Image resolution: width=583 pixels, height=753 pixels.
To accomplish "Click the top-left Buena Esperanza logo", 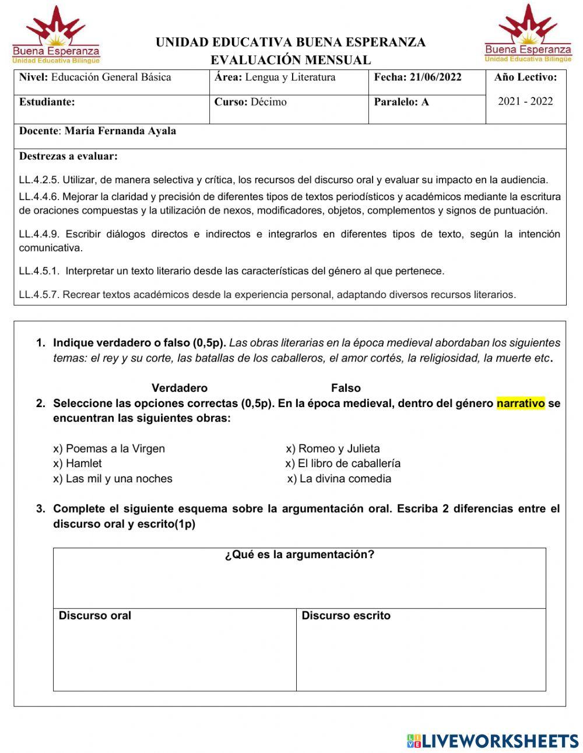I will tap(56, 35).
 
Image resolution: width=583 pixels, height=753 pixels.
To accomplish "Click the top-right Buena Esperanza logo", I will tap(528, 34).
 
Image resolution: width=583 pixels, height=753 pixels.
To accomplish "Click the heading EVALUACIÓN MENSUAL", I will tap(290, 59).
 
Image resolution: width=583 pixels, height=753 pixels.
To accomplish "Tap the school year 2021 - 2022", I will tap(525, 101).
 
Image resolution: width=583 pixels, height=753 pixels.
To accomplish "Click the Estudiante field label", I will tap(47, 101).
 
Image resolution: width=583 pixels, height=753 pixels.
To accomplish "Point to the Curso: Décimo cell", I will tap(251, 101).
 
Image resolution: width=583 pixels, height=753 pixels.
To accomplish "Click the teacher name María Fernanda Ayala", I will tap(120, 131).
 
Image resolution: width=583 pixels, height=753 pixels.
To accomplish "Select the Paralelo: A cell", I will tap(401, 101).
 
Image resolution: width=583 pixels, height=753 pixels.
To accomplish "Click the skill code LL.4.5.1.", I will tap(39, 271).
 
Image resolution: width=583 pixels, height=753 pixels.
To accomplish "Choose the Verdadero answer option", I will tap(179, 388).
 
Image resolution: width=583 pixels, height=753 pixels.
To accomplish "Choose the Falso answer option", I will tap(346, 388).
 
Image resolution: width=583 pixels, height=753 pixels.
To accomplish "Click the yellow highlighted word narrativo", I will tap(521, 403).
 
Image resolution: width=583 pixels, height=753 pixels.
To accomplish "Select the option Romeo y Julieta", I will tap(338, 449).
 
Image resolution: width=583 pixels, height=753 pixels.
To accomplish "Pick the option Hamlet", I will tap(83, 463).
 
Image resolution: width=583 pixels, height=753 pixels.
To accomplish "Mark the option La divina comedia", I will tap(345, 478).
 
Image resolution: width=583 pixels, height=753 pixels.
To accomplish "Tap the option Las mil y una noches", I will tap(118, 478).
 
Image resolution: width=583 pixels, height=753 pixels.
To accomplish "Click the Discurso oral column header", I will tap(95, 615).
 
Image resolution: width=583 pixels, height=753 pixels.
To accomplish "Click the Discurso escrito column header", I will tap(346, 615).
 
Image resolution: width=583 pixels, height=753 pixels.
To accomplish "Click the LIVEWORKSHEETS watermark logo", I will tap(492, 741).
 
